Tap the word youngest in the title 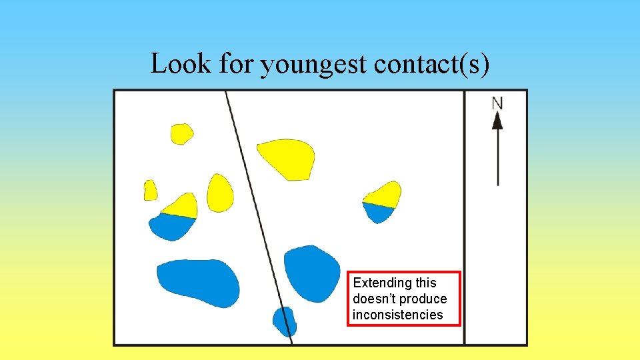313,65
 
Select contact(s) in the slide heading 432,64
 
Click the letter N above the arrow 497,103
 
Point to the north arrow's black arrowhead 497,121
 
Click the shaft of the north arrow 498,157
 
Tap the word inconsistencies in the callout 398,315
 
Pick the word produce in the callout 423,299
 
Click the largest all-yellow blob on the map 287,157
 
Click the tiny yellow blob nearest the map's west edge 150,191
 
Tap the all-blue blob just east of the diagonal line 312,272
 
